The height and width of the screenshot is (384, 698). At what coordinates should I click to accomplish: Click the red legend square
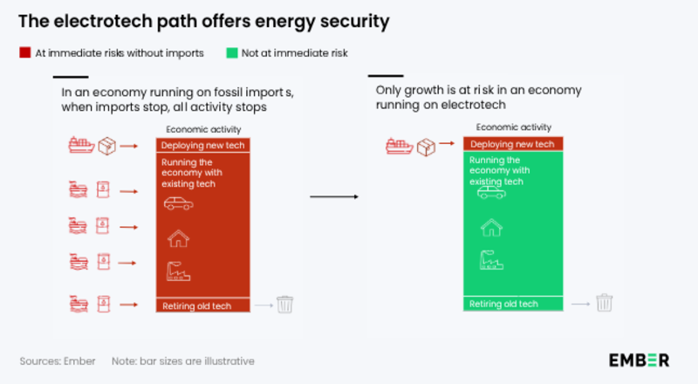24,53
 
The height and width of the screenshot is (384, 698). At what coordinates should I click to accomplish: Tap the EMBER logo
640,360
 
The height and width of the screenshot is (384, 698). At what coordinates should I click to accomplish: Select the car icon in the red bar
179,204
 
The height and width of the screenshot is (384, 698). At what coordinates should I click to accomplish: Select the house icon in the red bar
179,238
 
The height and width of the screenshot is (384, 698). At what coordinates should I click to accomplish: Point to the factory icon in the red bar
179,272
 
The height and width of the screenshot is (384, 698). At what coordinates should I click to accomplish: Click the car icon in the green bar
491,192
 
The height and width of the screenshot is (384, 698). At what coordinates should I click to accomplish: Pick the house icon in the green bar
491,228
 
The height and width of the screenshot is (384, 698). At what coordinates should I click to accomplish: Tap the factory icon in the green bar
491,260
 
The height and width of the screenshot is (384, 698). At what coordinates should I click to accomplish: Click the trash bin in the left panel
285,305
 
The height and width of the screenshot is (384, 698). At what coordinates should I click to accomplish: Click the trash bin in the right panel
605,303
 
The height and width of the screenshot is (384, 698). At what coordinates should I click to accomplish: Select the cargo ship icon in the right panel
400,145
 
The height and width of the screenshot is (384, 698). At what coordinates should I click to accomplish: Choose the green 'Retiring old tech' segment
513,304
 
